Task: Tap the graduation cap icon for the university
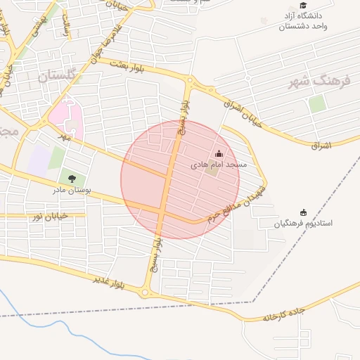[x=303, y=5]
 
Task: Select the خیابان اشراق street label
[x=242, y=112]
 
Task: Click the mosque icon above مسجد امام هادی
[x=218, y=153]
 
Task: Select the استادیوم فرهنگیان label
[x=304, y=224]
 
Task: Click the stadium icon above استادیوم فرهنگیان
[x=304, y=212]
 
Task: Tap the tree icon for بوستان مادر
[x=72, y=178]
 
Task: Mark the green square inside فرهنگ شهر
[x=317, y=104]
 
